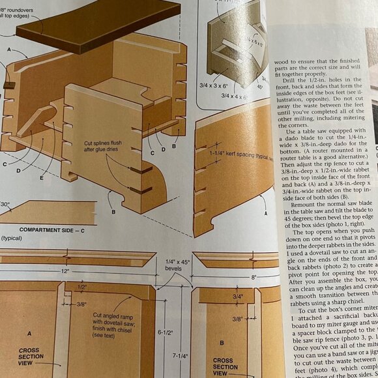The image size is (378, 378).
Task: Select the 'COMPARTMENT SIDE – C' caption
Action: click(x=48, y=230)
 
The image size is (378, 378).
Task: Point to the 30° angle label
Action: click(x=6, y=204)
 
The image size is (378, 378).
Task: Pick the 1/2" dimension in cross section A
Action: click(x=83, y=287)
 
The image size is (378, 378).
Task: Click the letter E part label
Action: click(x=42, y=177)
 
